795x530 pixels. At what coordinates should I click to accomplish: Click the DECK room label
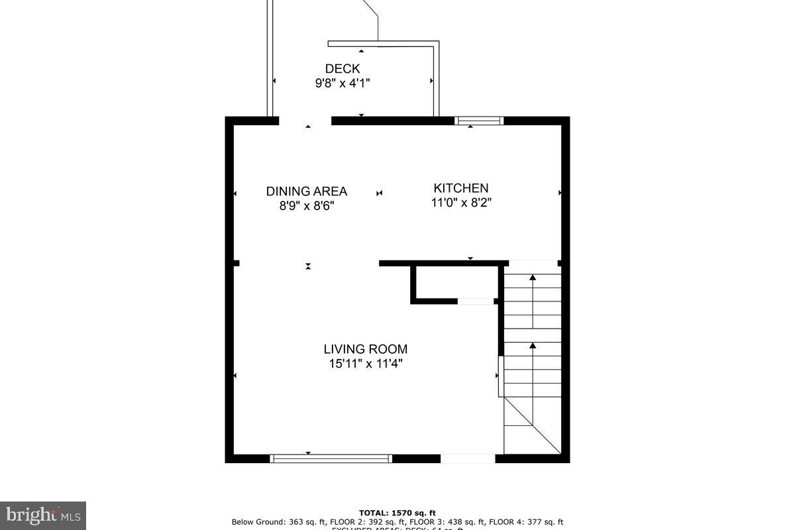(x=343, y=69)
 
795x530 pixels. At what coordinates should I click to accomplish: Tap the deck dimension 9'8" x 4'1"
(x=343, y=83)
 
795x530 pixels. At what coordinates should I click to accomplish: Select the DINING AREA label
(x=307, y=191)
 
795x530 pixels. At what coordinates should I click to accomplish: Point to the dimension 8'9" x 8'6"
(x=307, y=206)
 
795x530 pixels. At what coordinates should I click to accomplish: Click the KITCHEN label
(x=461, y=188)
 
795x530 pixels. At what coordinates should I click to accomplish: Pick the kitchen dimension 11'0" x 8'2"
(x=461, y=203)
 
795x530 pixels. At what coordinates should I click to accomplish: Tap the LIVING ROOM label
(x=366, y=349)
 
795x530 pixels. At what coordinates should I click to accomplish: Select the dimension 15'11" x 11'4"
(x=366, y=364)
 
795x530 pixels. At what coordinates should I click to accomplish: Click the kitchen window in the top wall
(x=479, y=121)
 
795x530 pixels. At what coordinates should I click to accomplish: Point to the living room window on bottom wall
(x=331, y=458)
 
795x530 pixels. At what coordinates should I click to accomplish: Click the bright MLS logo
(x=43, y=515)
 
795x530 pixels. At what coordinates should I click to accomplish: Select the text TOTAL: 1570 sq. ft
(x=397, y=513)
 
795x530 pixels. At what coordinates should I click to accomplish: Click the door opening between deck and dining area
(x=305, y=121)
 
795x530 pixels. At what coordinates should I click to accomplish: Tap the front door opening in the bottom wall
(x=468, y=458)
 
